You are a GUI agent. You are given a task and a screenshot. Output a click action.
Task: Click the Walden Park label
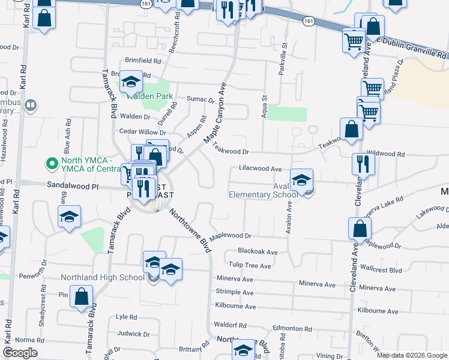149,96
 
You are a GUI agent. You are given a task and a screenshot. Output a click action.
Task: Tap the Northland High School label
103,277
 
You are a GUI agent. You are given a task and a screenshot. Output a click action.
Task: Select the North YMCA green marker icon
52,163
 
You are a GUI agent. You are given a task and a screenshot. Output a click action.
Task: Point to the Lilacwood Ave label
260,169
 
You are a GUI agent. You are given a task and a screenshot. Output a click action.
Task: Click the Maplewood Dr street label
237,236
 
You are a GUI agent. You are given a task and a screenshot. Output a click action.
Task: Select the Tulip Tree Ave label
250,265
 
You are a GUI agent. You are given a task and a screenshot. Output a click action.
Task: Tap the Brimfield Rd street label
142,61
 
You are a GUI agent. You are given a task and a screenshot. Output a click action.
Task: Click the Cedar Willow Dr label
142,132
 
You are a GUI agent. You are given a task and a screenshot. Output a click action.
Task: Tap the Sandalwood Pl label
73,187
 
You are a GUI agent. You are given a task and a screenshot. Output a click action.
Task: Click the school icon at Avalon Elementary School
301,179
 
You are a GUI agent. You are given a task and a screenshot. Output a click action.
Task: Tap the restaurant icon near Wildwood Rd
363,163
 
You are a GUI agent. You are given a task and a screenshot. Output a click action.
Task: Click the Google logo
20,353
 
